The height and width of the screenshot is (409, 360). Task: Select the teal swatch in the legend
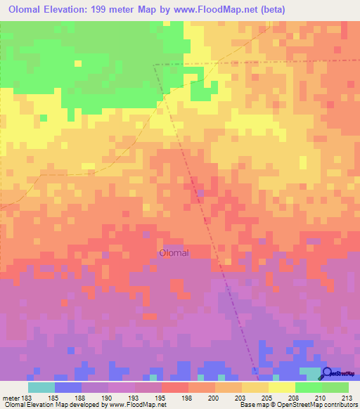coord(41,387)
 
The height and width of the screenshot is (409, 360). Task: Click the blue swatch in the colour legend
coord(68,387)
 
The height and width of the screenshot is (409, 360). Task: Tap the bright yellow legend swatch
coord(282,387)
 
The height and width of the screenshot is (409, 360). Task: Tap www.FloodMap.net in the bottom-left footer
coord(132,405)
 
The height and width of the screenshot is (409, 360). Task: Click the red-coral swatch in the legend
coord(175,387)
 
